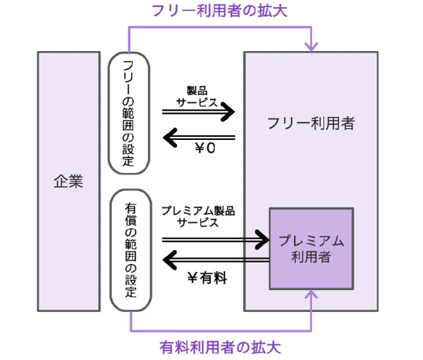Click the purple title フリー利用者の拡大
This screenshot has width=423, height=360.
tap(219, 11)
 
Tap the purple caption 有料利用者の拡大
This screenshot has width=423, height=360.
tap(220, 347)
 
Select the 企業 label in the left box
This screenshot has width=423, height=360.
tap(68, 182)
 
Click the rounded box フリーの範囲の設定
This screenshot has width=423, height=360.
tap(129, 113)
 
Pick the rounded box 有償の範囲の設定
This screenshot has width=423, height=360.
tap(131, 250)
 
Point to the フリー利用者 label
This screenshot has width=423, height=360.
tap(311, 123)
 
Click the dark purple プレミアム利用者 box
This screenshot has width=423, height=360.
tap(311, 248)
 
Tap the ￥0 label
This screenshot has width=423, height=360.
tap(205, 148)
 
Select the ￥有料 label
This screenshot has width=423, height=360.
tap(207, 277)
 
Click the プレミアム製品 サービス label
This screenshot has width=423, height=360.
tap(198, 217)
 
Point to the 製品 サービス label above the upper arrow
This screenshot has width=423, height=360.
tap(197, 97)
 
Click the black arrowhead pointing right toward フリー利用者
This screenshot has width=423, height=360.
tap(228, 112)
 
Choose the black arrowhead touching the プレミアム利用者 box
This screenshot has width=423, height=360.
tap(262, 240)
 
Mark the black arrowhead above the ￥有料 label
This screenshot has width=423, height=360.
tap(170, 260)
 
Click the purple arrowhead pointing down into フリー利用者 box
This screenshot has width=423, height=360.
tap(311, 47)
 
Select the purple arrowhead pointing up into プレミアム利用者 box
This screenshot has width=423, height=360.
tap(311, 294)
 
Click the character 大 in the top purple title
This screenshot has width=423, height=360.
tap(280, 11)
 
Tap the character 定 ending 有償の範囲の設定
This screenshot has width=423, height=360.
tap(131, 292)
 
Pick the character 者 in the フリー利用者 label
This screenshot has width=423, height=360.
tap(348, 123)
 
